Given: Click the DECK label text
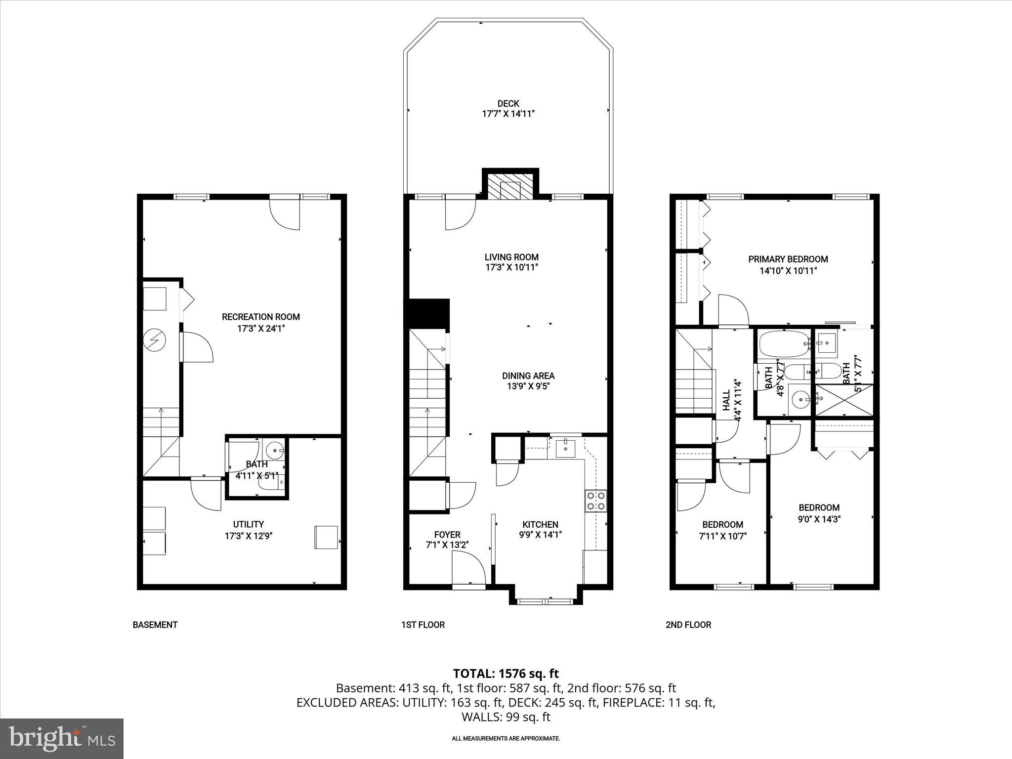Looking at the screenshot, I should [x=508, y=103].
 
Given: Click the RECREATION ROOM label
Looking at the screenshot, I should [x=260, y=317].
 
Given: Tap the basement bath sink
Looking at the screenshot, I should [x=274, y=450].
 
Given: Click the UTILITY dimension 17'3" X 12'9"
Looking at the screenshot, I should [x=249, y=535].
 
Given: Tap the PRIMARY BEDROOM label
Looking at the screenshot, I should [x=788, y=259].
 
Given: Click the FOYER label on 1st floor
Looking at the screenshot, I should [x=447, y=534].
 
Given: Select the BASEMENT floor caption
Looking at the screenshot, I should [x=155, y=625].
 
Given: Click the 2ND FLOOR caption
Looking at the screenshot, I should [x=688, y=625].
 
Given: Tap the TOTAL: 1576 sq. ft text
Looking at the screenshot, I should [x=506, y=673].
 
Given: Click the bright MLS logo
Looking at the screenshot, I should [x=62, y=738].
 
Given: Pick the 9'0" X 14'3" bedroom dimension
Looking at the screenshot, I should [x=819, y=519].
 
